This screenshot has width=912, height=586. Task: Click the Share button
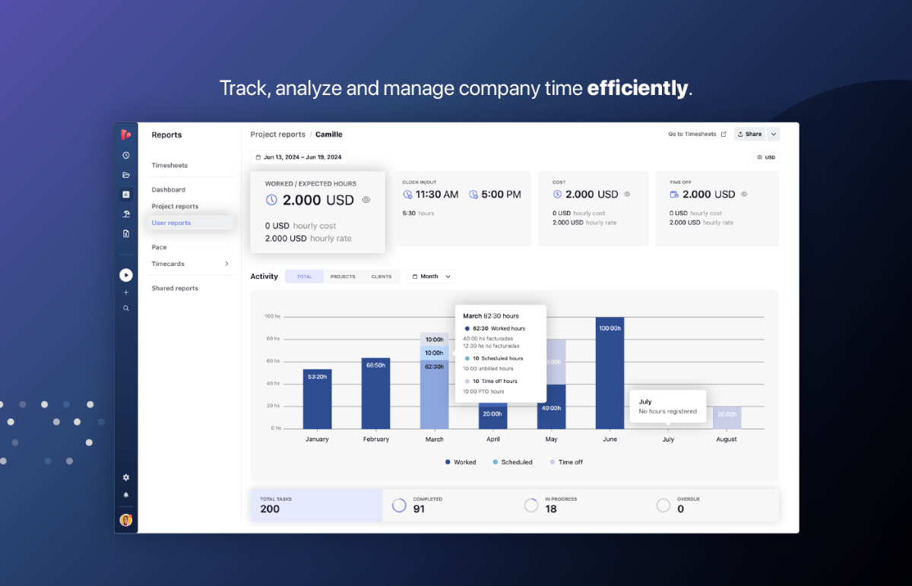749,135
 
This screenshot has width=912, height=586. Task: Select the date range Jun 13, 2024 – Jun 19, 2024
298,157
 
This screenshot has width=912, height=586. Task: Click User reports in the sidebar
171,223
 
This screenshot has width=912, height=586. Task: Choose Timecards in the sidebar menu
168,264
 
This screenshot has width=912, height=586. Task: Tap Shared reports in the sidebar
175,288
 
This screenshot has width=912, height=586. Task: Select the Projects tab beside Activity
343,277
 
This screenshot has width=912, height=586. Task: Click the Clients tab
382,277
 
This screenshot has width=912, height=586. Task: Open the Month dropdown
431,277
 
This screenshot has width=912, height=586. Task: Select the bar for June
610,372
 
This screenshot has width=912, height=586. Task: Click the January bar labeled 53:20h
317,398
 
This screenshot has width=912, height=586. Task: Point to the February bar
375,392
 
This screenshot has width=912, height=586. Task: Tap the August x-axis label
727,439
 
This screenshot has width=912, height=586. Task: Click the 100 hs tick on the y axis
272,316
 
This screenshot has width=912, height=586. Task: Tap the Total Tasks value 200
270,509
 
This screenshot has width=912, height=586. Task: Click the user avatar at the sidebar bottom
126,520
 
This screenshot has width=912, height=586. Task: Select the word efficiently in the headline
637,88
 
